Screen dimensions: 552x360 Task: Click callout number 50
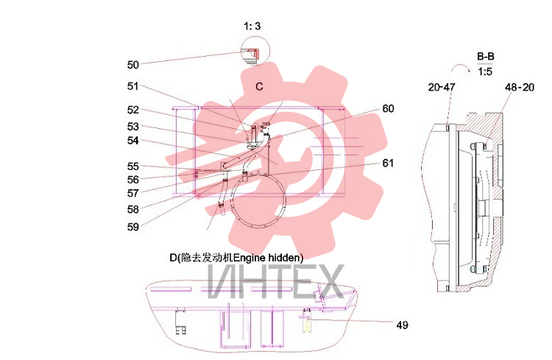pos(133,65)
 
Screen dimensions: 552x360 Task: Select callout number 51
pos(133,86)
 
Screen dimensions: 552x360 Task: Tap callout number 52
pos(133,110)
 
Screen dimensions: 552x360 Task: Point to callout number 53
pos(133,127)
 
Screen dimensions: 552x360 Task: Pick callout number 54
pos(133,141)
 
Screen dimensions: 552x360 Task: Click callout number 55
pos(133,166)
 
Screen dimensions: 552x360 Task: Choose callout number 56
pos(133,180)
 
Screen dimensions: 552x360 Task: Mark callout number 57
pos(133,193)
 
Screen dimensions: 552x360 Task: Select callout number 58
pos(133,209)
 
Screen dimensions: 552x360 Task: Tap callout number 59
pos(133,227)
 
